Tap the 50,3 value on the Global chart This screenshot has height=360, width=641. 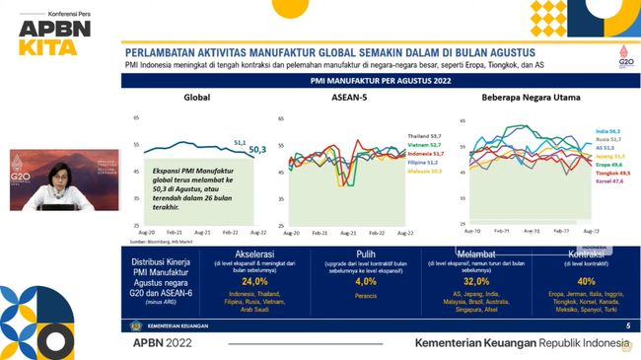(x=256, y=149)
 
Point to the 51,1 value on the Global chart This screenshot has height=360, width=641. (x=239, y=142)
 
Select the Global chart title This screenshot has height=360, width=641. (x=198, y=98)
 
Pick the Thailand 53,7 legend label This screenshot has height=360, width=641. (x=423, y=135)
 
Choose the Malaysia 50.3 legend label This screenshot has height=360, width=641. (x=423, y=171)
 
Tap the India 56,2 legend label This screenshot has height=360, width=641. (x=607, y=131)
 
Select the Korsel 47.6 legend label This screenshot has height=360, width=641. (x=607, y=181)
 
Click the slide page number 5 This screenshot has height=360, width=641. (x=627, y=324)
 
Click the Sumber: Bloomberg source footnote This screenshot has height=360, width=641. (x=158, y=240)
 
